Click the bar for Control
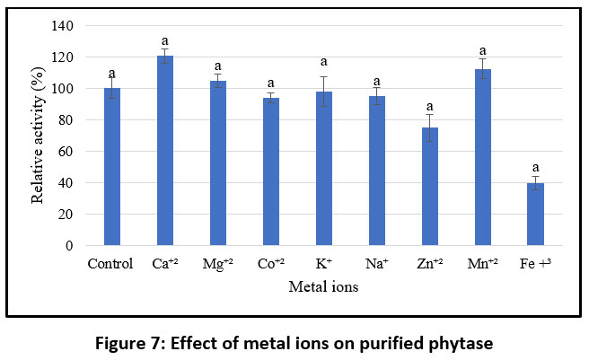coord(111,167)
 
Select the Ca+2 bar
coord(165,151)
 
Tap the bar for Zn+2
coord(430,187)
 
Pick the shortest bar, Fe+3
coord(536,214)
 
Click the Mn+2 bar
coord(483,157)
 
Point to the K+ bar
coord(324,168)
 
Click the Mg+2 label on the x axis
coord(218,264)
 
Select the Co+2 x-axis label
coord(271,264)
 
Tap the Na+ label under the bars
coord(377,264)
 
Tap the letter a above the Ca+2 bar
coord(165,41)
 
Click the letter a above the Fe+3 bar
coord(536,168)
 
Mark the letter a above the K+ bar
coord(324,63)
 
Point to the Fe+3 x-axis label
coord(536,264)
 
